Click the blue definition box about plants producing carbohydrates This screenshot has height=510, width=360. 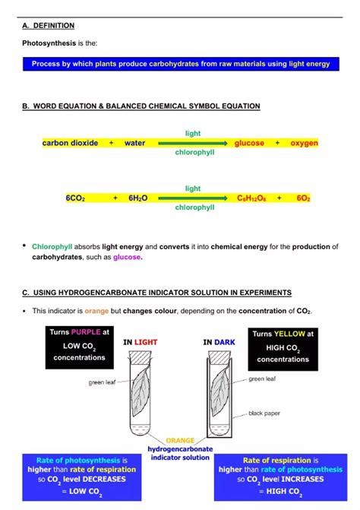(x=181, y=64)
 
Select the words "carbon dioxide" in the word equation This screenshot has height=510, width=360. (x=70, y=143)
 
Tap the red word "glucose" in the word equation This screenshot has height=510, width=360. (x=249, y=143)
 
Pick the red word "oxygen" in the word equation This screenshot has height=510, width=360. (x=304, y=143)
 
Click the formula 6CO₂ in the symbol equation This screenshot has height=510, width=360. (x=75, y=198)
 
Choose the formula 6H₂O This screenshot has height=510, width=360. (x=137, y=198)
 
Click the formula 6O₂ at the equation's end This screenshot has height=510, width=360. (x=303, y=198)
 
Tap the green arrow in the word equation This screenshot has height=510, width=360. (x=193, y=143)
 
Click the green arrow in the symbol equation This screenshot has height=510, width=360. (x=193, y=198)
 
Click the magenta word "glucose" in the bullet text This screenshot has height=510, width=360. (x=127, y=257)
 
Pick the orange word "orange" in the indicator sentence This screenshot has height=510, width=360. (x=96, y=311)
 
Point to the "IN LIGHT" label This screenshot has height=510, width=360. (x=141, y=343)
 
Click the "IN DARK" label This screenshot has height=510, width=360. (x=219, y=343)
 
